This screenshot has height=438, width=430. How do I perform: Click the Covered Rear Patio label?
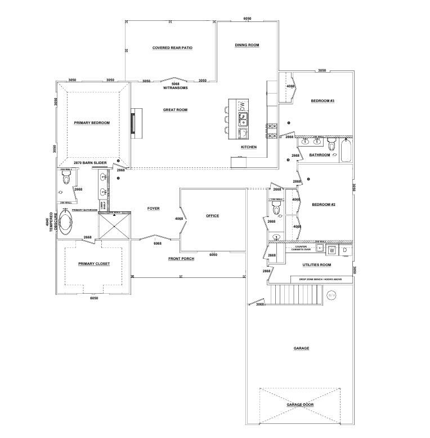tap(172, 48)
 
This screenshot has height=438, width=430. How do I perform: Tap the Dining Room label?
tap(247, 45)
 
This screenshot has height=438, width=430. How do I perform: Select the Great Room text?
tap(175, 110)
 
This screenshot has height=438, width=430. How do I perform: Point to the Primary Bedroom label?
tap(92, 122)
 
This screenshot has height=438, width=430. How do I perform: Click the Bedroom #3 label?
tap(322, 101)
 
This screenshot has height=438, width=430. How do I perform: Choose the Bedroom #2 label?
tap(324, 204)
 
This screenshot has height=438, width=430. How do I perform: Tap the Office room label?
tap(212, 216)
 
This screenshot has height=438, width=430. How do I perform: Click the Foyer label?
tap(153, 209)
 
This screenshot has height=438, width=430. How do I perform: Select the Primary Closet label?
tap(94, 263)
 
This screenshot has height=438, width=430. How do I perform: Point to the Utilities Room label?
tap(316, 264)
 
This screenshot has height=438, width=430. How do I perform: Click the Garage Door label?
tap(299, 405)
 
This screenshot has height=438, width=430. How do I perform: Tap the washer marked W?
tap(332, 249)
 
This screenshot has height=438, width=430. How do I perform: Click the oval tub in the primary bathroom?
tap(65, 223)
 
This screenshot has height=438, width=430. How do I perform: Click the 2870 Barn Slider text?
tap(91, 162)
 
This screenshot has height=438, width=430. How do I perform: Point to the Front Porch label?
tap(181, 259)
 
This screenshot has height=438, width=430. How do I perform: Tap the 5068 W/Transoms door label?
tap(175, 85)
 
